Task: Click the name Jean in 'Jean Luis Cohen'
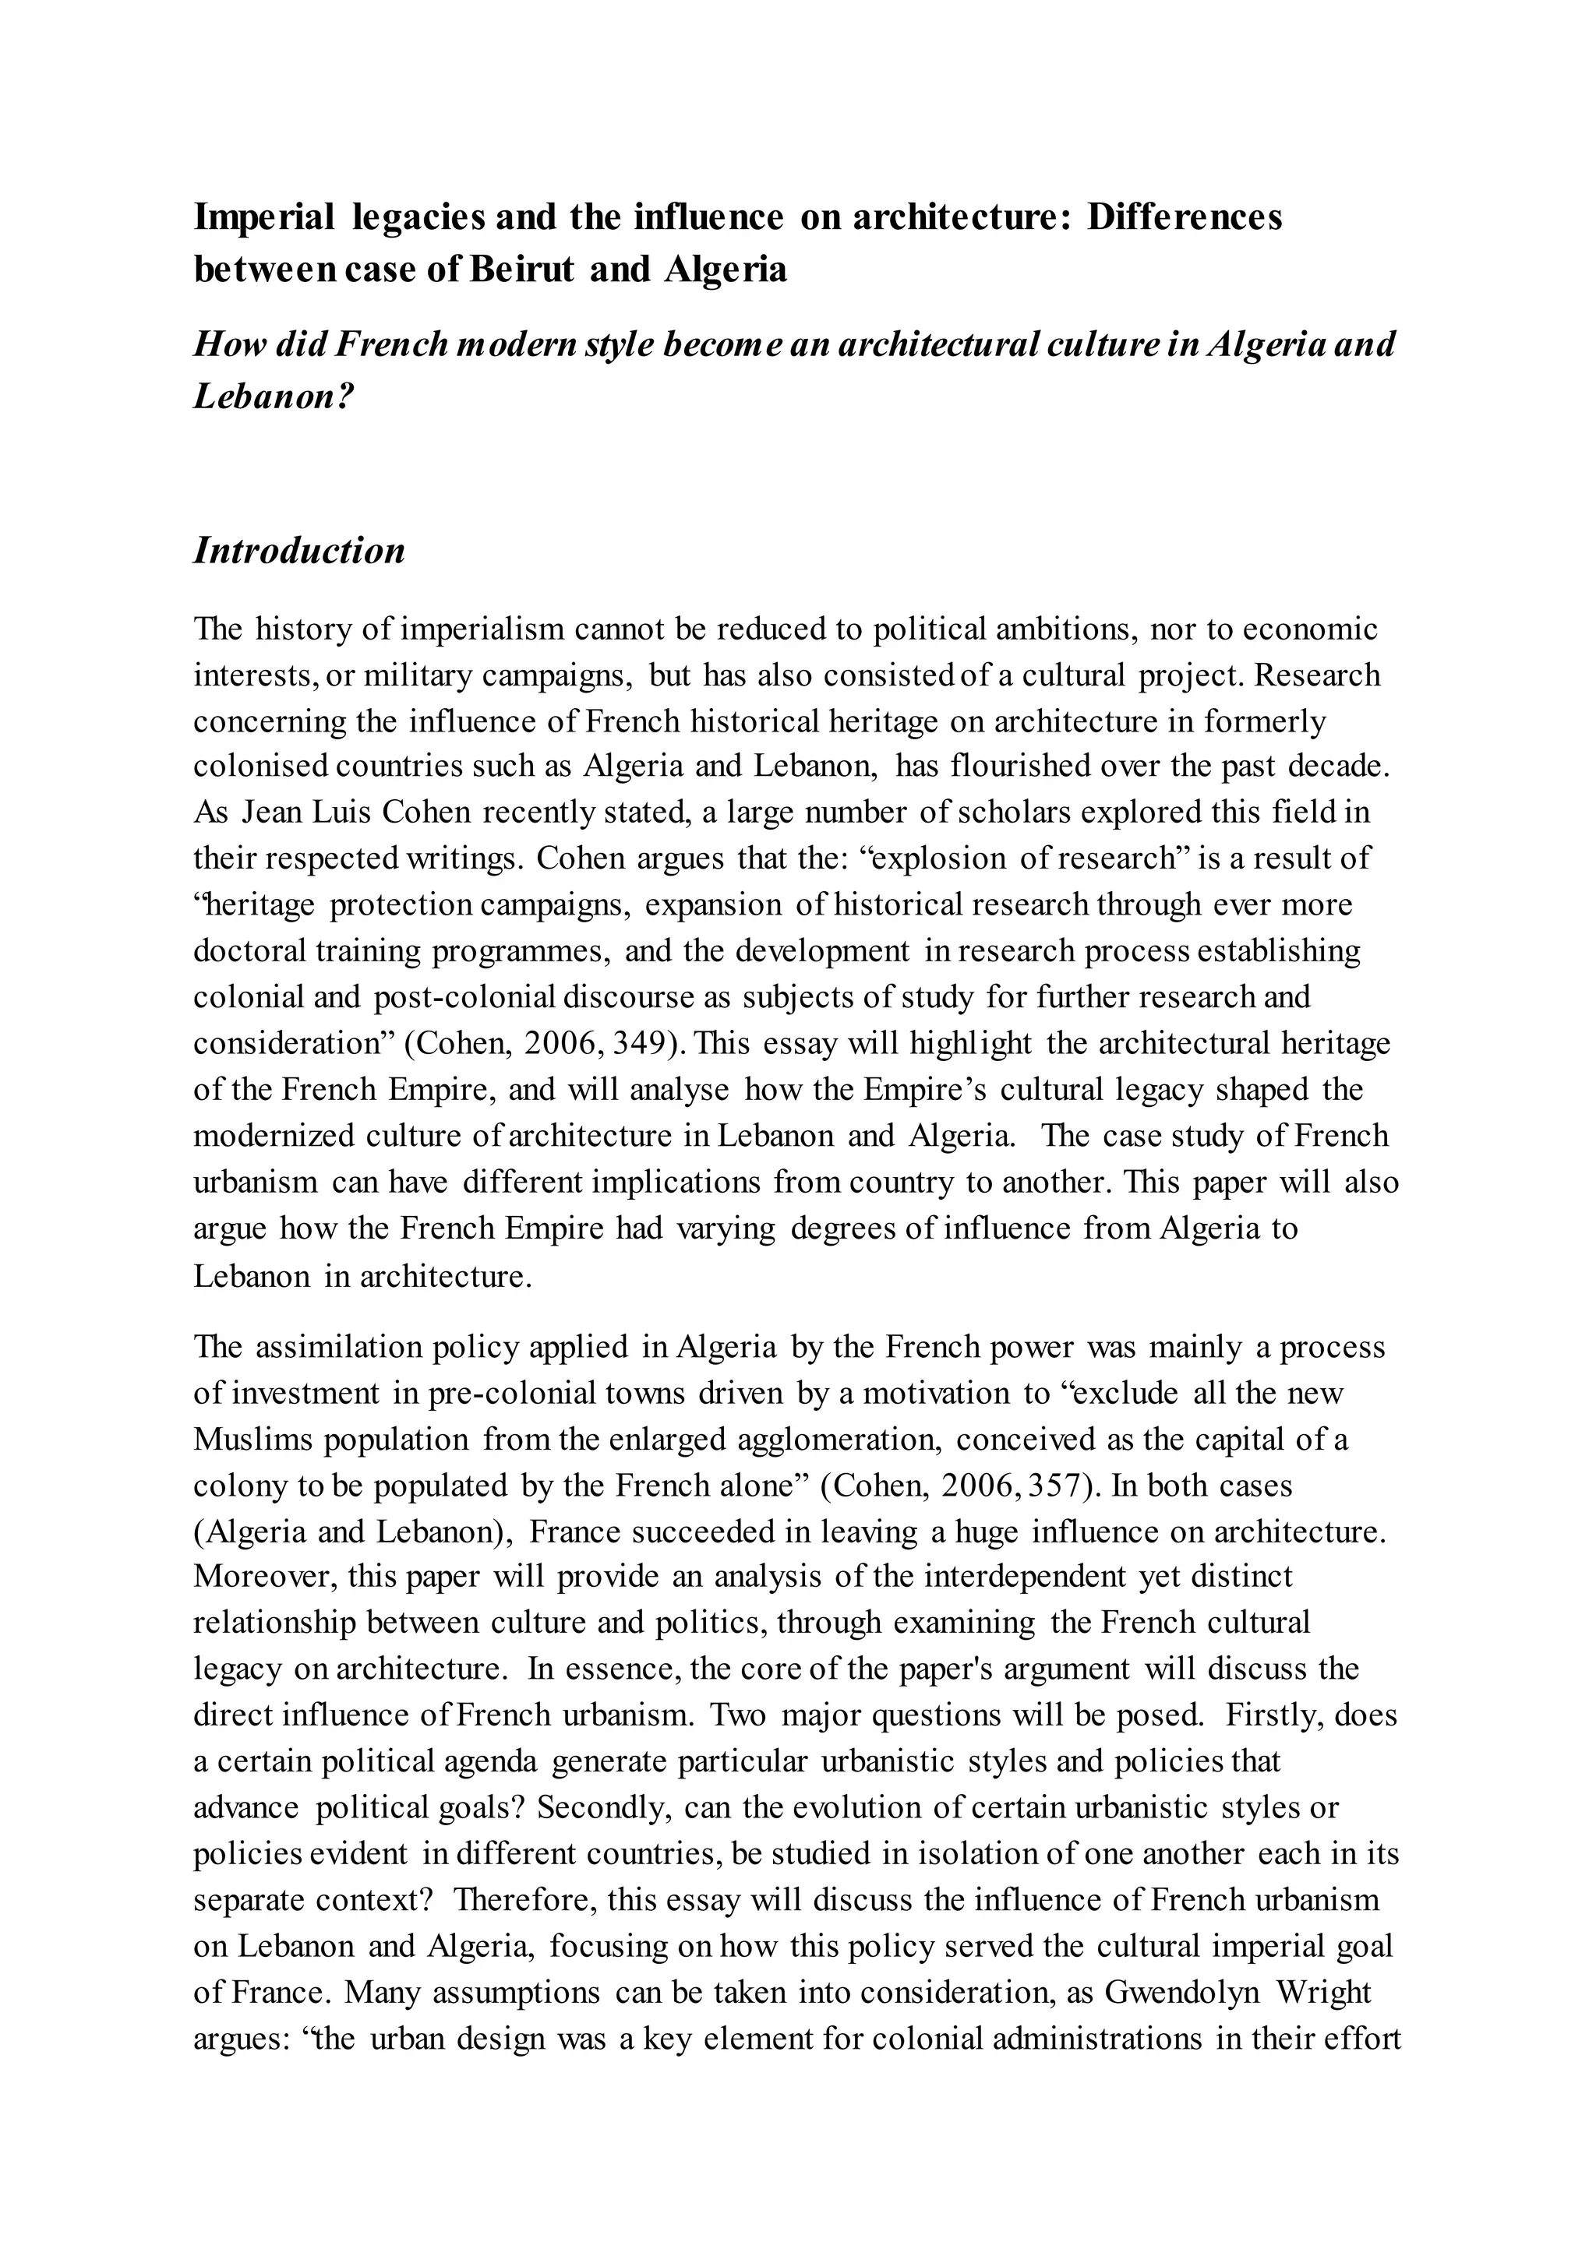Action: click(x=260, y=813)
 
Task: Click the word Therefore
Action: click(x=523, y=1899)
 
